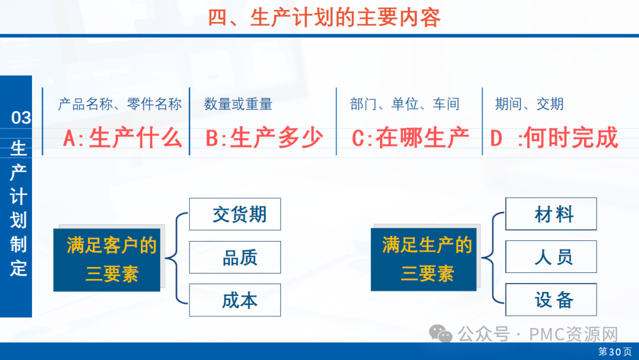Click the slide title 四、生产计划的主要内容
(x=324, y=18)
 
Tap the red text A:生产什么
(x=122, y=137)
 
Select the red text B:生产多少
(x=264, y=137)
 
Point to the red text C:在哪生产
(x=410, y=137)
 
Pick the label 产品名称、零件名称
(x=120, y=104)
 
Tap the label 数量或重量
(x=238, y=104)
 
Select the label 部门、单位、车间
(x=405, y=104)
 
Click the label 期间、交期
(x=530, y=104)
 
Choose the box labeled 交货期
(x=235, y=214)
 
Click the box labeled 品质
(x=235, y=257)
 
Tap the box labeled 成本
(x=235, y=300)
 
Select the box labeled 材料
(x=551, y=214)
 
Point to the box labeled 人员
(x=551, y=257)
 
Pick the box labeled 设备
(x=551, y=300)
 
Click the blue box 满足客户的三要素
(x=106, y=260)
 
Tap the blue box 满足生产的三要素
(x=424, y=260)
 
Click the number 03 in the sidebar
(x=21, y=118)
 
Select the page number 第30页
(x=615, y=352)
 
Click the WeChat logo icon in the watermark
(x=441, y=334)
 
